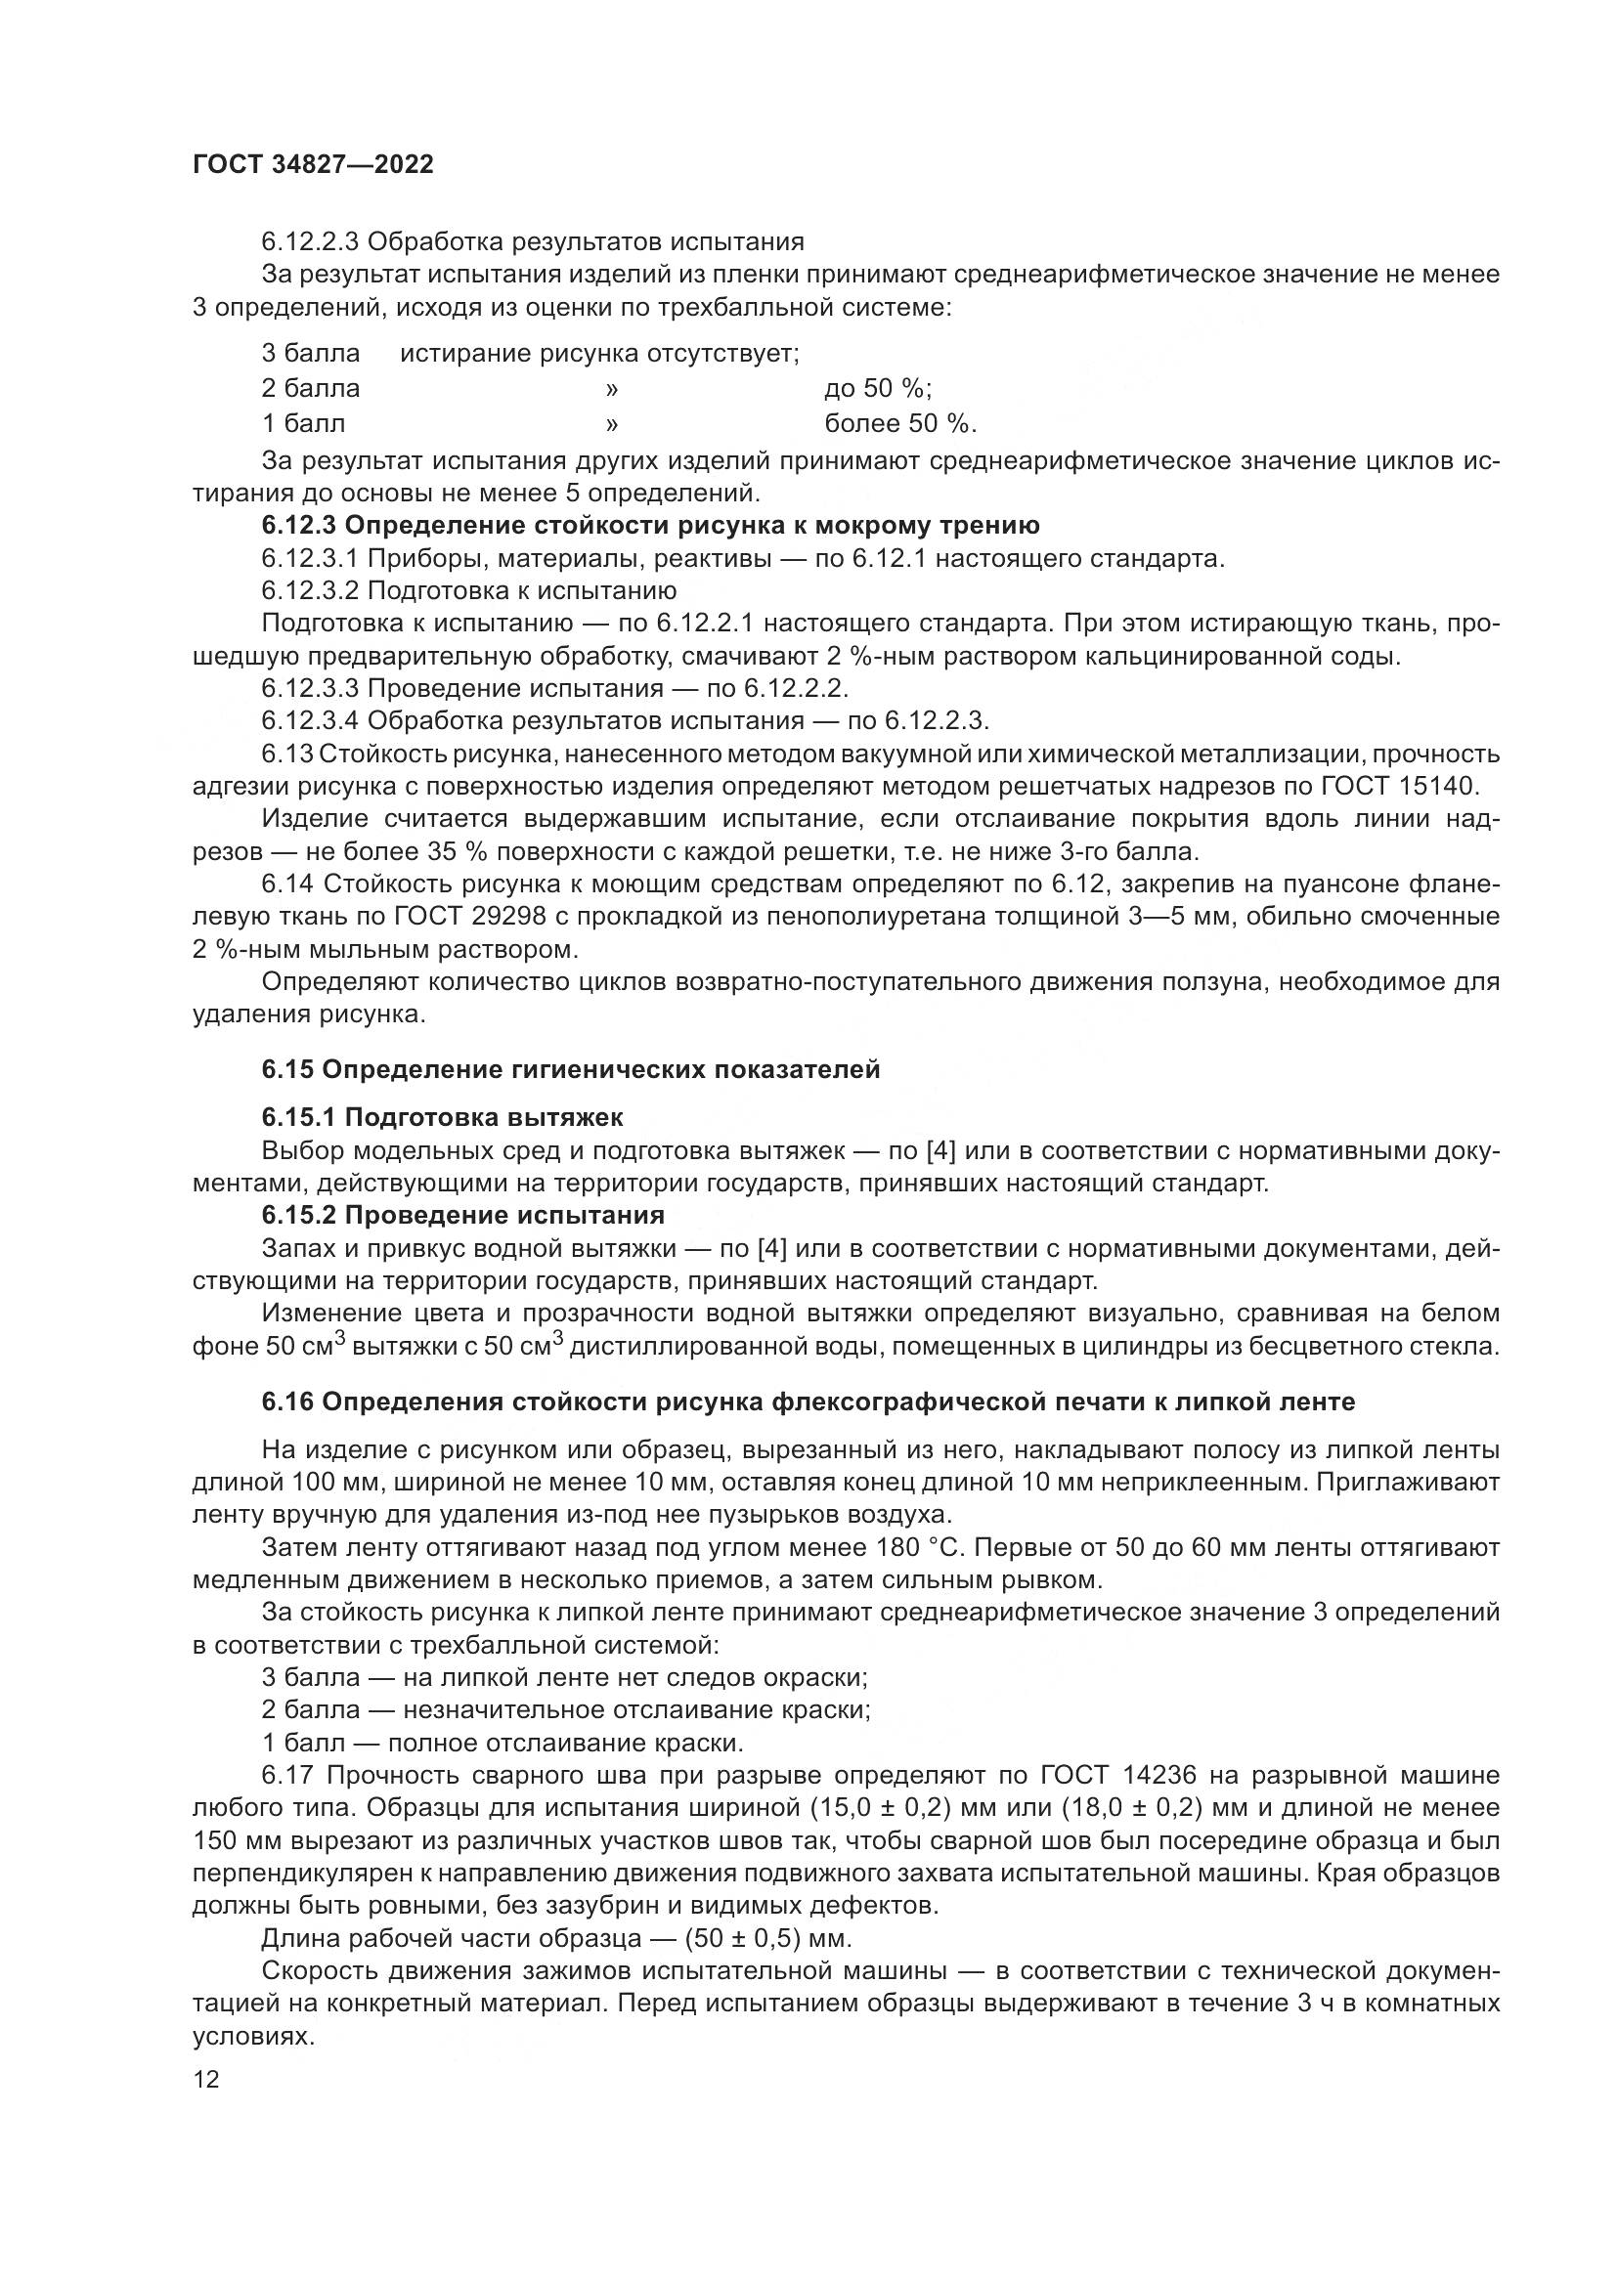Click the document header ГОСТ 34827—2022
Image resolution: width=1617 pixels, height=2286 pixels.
[313, 165]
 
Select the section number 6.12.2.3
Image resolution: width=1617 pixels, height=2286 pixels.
[310, 242]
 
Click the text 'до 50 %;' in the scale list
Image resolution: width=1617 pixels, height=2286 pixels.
[877, 388]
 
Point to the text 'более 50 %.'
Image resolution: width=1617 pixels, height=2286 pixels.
[900, 424]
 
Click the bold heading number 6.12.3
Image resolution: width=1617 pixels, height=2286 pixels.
[300, 526]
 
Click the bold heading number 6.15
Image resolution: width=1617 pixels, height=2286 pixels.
[287, 1070]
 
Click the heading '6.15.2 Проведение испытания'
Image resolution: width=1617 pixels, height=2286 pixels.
[463, 1216]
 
